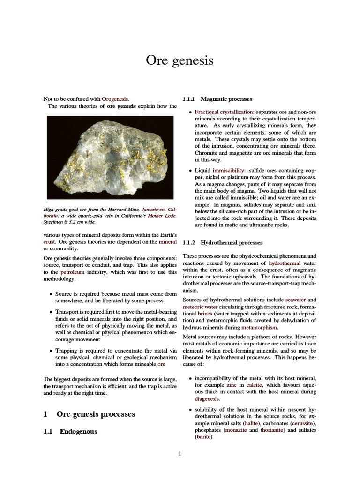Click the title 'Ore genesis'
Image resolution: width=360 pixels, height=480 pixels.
(180, 60)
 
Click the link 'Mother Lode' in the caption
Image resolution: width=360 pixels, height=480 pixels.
(162, 216)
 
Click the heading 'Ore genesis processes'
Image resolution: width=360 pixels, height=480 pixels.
(96, 414)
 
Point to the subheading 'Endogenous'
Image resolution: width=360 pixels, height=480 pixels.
(78, 431)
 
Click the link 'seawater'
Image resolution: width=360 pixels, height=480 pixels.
(296, 300)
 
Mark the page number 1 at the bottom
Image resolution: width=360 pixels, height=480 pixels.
(180, 453)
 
